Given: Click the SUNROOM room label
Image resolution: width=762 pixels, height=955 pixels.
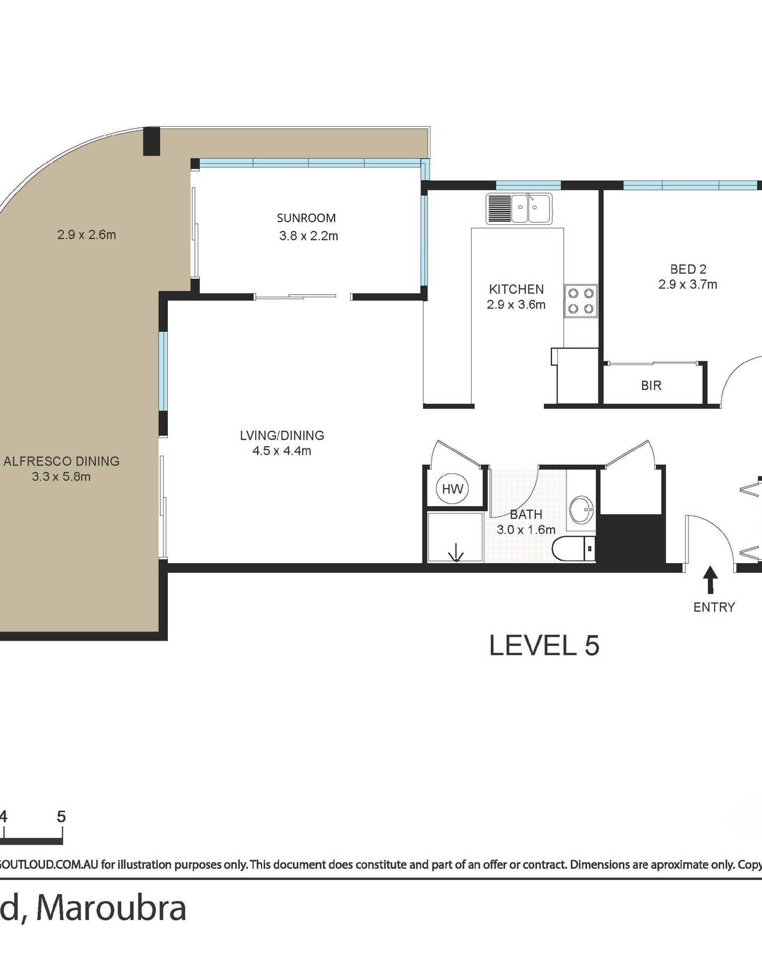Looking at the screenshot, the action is click(306, 218).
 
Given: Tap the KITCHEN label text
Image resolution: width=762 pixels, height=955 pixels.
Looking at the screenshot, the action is click(516, 289).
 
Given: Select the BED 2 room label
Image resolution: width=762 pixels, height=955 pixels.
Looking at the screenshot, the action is click(688, 269).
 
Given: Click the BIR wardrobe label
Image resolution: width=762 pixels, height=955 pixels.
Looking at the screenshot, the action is click(651, 385).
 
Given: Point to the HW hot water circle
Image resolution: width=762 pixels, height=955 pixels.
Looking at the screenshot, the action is click(452, 489).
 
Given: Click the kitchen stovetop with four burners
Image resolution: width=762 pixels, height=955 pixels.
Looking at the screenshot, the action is click(581, 301).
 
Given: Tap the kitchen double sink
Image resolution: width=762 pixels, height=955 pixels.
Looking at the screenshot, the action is click(519, 208).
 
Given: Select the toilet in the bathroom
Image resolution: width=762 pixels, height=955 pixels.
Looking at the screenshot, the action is click(574, 548).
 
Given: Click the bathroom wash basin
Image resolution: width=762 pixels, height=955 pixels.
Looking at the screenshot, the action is click(581, 510).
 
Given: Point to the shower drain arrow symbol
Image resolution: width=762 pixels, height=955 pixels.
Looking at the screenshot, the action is click(456, 553).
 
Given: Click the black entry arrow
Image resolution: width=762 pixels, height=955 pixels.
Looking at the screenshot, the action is click(710, 580).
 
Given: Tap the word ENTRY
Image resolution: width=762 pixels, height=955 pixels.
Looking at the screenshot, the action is click(714, 607).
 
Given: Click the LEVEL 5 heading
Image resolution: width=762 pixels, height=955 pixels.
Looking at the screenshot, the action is click(544, 645).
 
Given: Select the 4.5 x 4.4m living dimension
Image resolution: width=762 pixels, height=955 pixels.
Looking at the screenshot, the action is click(282, 451).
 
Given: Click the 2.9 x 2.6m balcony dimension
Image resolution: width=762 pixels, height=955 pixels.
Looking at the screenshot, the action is click(86, 234).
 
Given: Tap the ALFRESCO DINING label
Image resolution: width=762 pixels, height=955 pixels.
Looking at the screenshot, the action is click(61, 462).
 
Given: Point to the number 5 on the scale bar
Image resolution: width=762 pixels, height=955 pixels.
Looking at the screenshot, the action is click(61, 816).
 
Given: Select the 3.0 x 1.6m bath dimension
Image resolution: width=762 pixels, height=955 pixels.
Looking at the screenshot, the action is click(526, 530).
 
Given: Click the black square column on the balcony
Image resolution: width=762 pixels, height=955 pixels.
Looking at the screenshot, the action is click(151, 141).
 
